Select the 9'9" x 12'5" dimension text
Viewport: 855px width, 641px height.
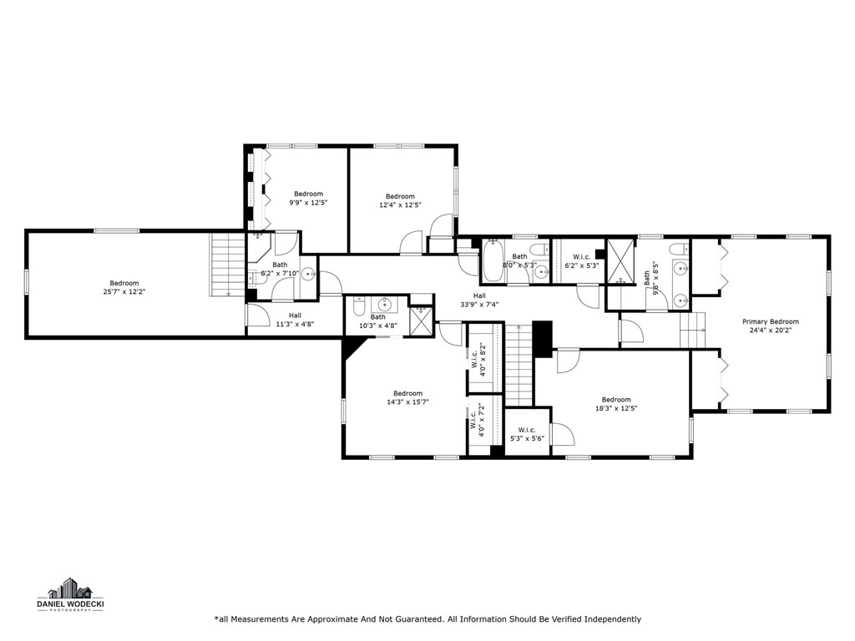tap(308, 203)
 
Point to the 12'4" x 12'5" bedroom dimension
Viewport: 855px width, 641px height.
tap(400, 204)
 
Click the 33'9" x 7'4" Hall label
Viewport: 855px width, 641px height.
tap(479, 305)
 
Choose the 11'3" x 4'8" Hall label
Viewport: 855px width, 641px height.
tap(295, 325)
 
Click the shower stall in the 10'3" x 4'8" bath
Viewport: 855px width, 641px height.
tap(421, 321)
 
